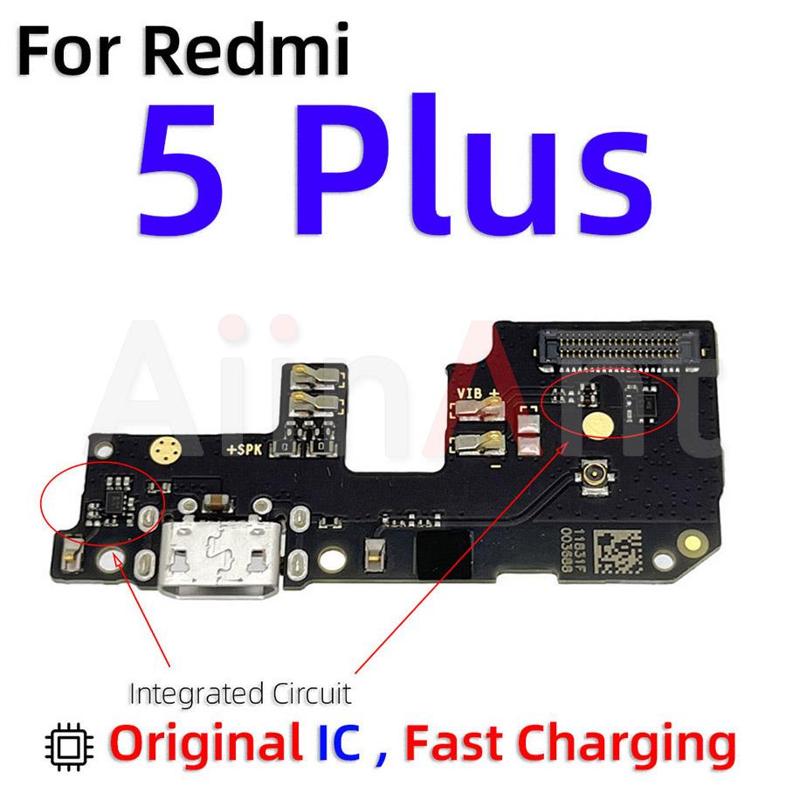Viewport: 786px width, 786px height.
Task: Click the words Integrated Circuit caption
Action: coord(239,694)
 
